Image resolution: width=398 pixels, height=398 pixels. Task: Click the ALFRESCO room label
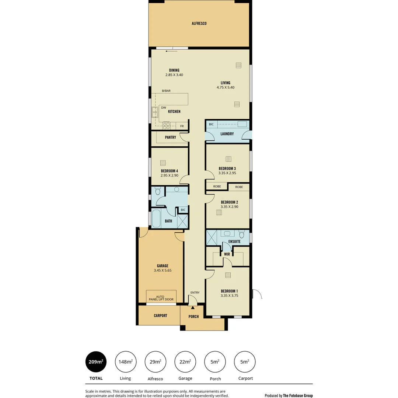point(199,24)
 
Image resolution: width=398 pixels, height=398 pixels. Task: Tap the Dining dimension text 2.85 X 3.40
point(174,75)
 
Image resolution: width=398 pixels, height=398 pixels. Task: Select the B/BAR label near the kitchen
point(166,91)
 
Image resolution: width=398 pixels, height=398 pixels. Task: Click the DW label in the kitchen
point(164,108)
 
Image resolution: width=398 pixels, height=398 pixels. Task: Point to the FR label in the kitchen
point(182,126)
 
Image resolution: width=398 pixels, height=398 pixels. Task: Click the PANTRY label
point(170,137)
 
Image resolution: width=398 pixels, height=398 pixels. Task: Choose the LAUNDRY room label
point(227,134)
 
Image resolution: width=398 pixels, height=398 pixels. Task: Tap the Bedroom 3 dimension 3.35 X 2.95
point(227,173)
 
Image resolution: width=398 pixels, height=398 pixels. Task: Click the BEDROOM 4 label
point(170,171)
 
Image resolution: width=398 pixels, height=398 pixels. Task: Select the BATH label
point(168,221)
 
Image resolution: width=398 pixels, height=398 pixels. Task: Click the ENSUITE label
point(234,242)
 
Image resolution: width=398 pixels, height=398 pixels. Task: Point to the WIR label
point(227,254)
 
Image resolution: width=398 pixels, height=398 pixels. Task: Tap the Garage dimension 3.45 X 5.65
point(163,270)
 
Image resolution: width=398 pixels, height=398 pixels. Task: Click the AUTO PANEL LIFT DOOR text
point(161,298)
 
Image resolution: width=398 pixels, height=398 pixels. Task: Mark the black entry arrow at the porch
point(192,307)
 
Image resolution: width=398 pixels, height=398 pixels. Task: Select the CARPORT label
point(160,315)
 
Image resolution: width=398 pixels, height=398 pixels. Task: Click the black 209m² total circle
point(96,362)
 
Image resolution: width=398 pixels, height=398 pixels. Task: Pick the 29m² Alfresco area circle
point(155,362)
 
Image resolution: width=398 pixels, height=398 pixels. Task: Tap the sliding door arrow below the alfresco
point(171,51)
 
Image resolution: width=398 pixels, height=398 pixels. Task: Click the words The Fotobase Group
point(298,396)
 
